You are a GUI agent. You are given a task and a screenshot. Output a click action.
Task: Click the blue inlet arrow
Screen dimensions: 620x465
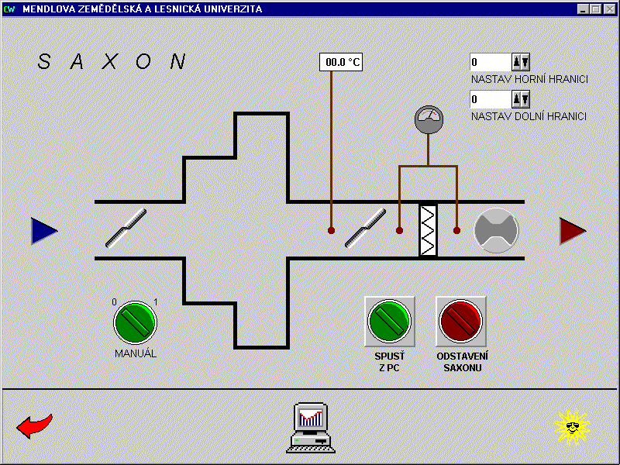pyautogui.click(x=44, y=230)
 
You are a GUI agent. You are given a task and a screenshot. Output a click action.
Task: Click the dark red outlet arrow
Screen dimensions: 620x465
pyautogui.click(x=573, y=231)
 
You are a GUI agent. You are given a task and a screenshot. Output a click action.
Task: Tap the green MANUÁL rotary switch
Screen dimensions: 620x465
pyautogui.click(x=135, y=322)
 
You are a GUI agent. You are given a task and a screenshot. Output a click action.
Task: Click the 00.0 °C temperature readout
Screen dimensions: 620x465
pyautogui.click(x=341, y=62)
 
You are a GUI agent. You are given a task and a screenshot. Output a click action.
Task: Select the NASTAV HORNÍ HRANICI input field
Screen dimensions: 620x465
pyautogui.click(x=491, y=62)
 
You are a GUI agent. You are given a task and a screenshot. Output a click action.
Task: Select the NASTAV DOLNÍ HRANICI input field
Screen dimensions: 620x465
pyautogui.click(x=491, y=99)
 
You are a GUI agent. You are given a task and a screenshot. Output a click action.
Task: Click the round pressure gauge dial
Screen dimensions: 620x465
pyautogui.click(x=429, y=119)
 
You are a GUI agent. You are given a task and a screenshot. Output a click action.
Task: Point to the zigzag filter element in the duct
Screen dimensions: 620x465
pyautogui.click(x=429, y=230)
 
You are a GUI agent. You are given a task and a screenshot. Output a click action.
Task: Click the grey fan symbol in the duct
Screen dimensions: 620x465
pyautogui.click(x=496, y=230)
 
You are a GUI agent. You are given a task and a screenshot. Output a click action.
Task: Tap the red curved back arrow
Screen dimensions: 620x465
pyautogui.click(x=34, y=425)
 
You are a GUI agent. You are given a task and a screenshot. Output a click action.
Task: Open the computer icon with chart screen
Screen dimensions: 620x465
pyautogui.click(x=311, y=428)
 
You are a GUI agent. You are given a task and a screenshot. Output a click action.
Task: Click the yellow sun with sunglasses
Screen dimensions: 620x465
pyautogui.click(x=572, y=427)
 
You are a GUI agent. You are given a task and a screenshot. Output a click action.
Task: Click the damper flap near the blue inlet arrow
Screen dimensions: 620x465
pyautogui.click(x=126, y=228)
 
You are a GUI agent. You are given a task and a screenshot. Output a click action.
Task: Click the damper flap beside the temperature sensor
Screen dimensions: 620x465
pyautogui.click(x=365, y=228)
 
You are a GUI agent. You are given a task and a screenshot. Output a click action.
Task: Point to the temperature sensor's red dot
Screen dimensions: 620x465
pyautogui.click(x=332, y=230)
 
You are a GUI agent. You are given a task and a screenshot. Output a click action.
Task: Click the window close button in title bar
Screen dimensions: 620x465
pyautogui.click(x=610, y=9)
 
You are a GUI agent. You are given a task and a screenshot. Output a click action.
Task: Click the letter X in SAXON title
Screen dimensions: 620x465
pyautogui.click(x=110, y=61)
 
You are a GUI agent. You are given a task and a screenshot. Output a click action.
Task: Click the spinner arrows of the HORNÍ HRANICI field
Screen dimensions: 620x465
pyautogui.click(x=521, y=62)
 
